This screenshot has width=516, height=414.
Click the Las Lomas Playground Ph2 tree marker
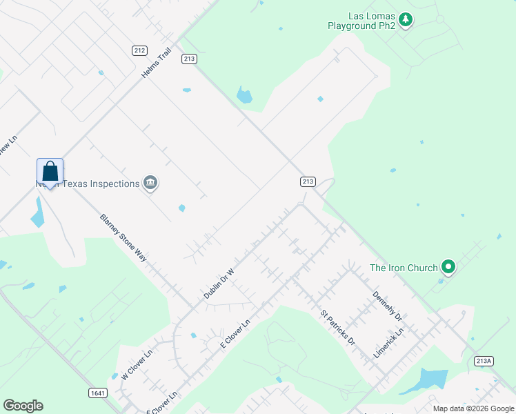(406, 20)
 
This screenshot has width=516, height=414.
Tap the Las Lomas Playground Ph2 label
(361, 21)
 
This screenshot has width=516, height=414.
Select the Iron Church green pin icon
(448, 266)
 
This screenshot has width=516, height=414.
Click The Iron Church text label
(404, 268)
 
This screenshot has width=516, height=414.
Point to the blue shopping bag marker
(50, 172)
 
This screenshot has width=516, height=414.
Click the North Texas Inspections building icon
(150, 183)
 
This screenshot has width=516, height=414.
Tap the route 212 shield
(140, 50)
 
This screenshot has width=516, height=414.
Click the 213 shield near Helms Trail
(190, 59)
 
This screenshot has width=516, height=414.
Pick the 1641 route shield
(98, 393)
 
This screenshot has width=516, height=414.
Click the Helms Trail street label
(155, 62)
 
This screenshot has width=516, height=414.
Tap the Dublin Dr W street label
(219, 284)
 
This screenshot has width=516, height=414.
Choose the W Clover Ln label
(136, 364)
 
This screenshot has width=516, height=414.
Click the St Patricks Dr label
(337, 328)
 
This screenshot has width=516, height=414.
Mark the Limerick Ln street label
(388, 342)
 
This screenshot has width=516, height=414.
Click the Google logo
(23, 406)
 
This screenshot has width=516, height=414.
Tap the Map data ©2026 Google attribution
(473, 408)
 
